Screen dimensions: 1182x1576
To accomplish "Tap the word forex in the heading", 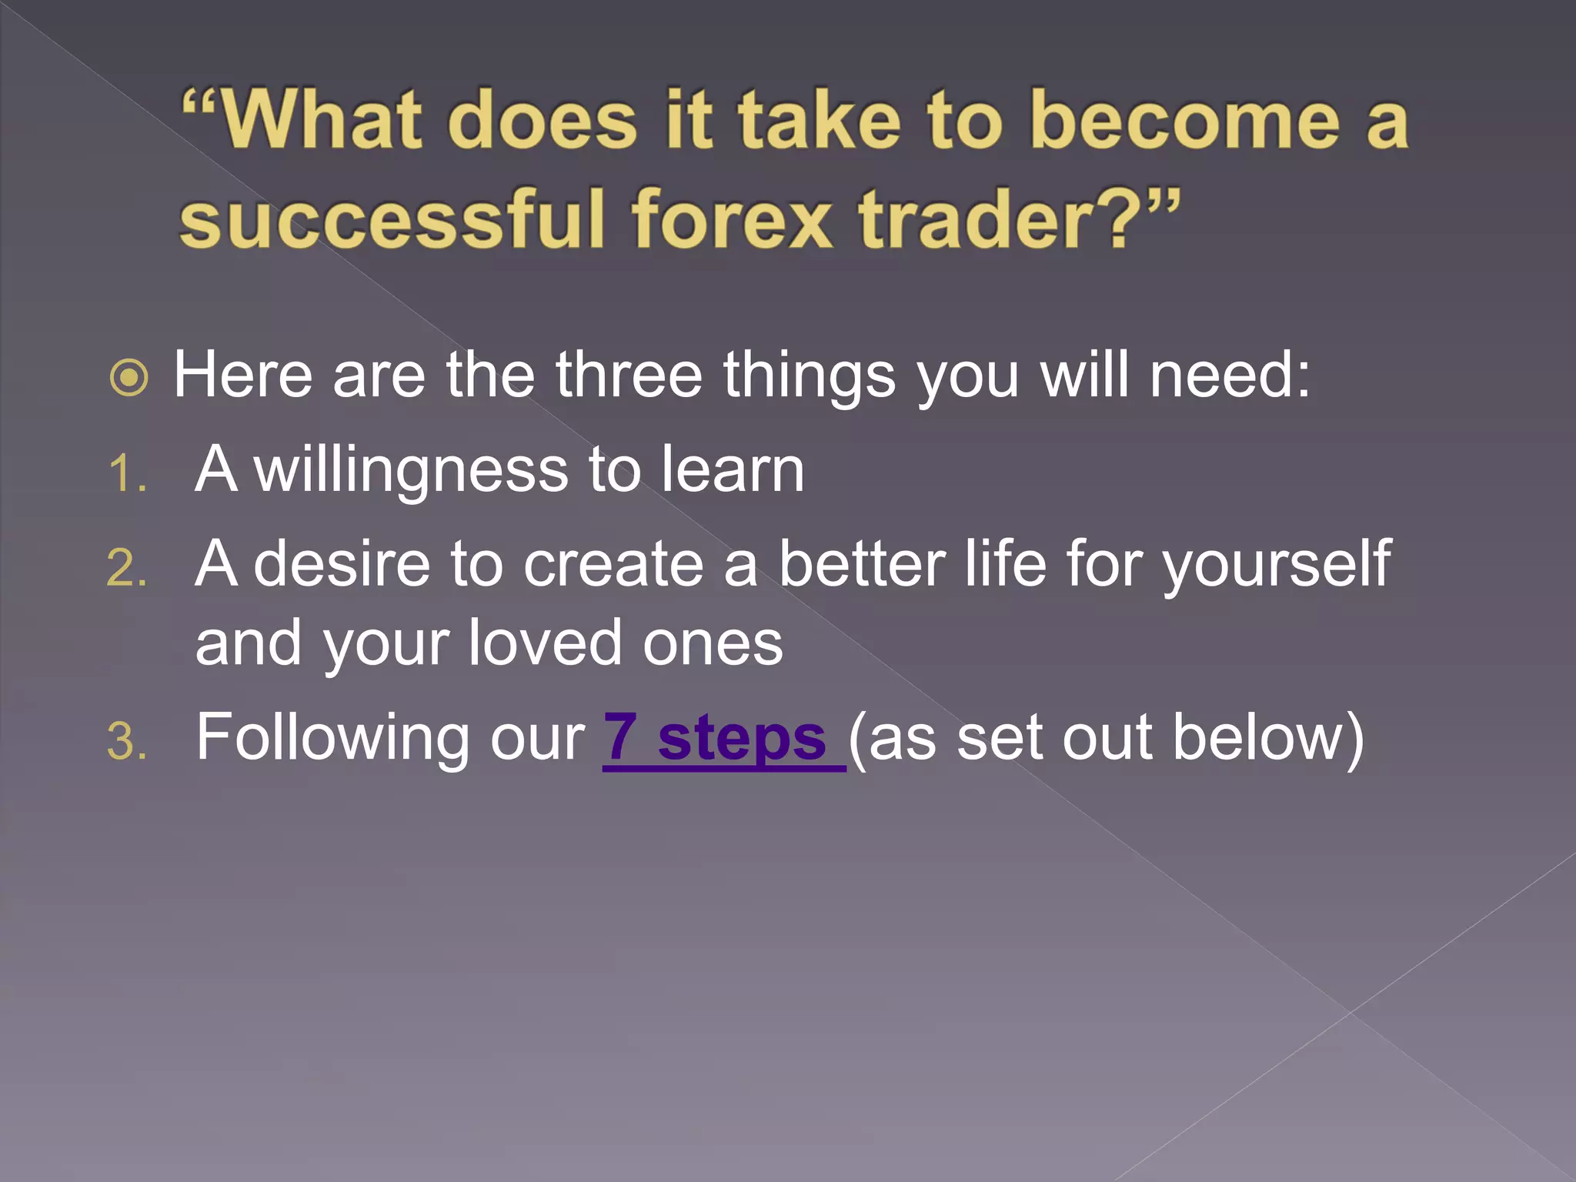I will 731,221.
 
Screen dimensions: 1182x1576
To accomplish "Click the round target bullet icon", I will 129,378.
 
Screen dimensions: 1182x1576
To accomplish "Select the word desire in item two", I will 342,564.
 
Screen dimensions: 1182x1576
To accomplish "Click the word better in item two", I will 862,564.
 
